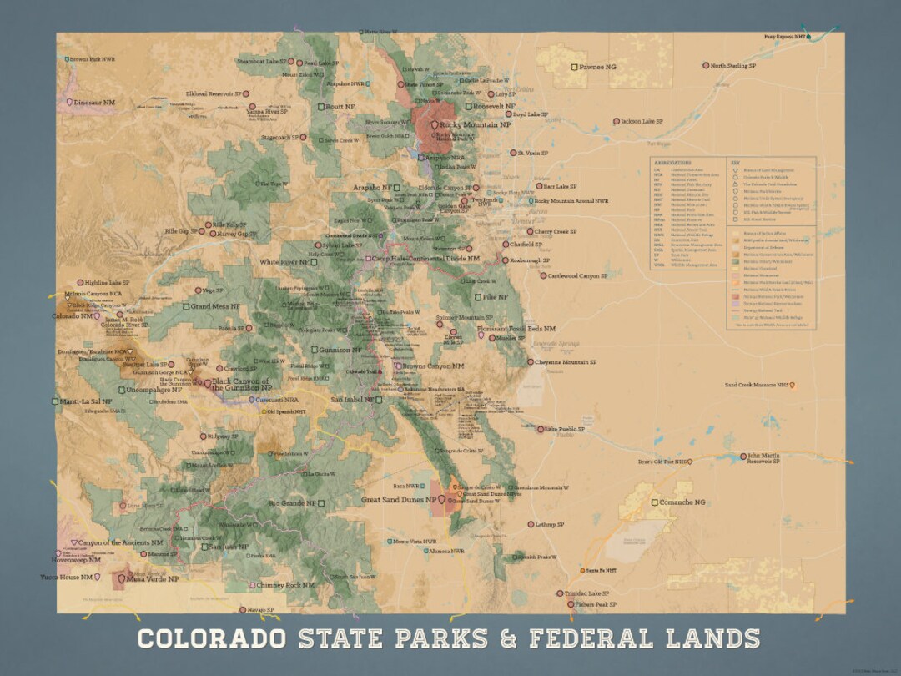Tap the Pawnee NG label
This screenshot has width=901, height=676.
pyautogui.click(x=597, y=66)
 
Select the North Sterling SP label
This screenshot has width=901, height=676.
pyautogui.click(x=733, y=65)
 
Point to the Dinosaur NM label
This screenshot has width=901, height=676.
pyautogui.click(x=94, y=102)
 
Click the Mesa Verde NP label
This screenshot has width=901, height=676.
pyautogui.click(x=153, y=578)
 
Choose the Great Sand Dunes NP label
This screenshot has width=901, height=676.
pyautogui.click(x=399, y=500)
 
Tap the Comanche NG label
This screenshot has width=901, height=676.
pyautogui.click(x=682, y=502)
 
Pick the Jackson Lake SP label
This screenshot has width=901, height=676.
pyautogui.click(x=642, y=121)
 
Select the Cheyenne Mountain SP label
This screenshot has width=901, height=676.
pyautogui.click(x=566, y=362)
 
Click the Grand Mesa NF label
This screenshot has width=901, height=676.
pyautogui.click(x=215, y=306)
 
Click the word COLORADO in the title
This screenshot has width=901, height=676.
pyautogui.click(x=211, y=639)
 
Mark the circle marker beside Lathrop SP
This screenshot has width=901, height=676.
pyautogui.click(x=531, y=524)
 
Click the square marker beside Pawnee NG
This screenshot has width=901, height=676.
pyautogui.click(x=574, y=66)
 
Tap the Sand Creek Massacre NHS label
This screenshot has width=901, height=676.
pyautogui.click(x=757, y=386)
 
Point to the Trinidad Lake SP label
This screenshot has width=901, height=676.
pyautogui.click(x=588, y=593)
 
